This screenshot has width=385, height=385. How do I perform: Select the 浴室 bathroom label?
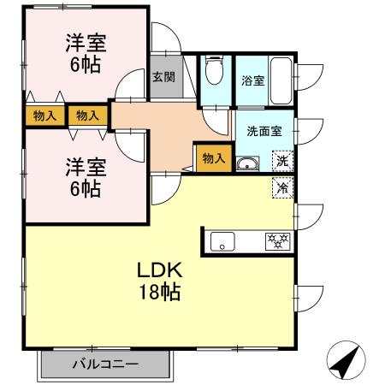click(x=252, y=82)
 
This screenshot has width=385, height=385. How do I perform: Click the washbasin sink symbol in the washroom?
click(x=247, y=163)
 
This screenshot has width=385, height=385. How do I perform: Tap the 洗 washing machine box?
click(x=281, y=160)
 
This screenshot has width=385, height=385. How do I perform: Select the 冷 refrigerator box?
click(x=281, y=185)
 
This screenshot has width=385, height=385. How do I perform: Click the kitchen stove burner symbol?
click(x=277, y=241)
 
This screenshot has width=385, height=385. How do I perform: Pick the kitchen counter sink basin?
click(x=222, y=241)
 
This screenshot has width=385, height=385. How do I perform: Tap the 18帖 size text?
click(x=159, y=292)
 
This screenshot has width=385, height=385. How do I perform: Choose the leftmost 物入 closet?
click(x=45, y=115)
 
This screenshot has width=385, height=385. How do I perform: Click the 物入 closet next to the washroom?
click(x=214, y=157)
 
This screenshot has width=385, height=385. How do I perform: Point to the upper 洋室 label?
click(x=85, y=44)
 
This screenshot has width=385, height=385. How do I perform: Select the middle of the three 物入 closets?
click(x=87, y=115)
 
